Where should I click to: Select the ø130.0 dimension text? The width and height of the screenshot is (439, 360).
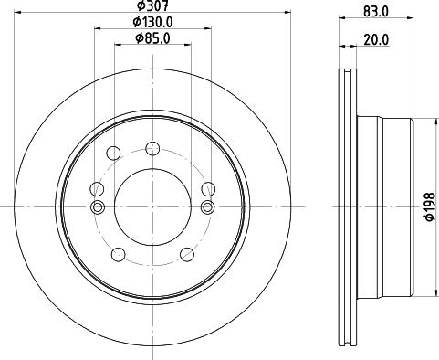[152, 21]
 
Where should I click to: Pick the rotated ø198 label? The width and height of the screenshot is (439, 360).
[427, 208]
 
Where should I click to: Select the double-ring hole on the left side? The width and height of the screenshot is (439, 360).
[97, 206]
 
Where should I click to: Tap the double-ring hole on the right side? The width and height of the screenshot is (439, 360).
[207, 206]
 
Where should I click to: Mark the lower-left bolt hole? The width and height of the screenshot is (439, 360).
[117, 254]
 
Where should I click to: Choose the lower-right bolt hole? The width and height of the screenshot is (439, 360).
[186, 254]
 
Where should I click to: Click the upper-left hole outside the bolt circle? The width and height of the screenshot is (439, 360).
[113, 153]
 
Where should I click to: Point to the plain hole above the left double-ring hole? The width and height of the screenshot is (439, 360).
[97, 188]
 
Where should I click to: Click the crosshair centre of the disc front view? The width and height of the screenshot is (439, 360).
[152, 206]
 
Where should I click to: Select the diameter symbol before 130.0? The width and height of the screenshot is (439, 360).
[134, 21]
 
